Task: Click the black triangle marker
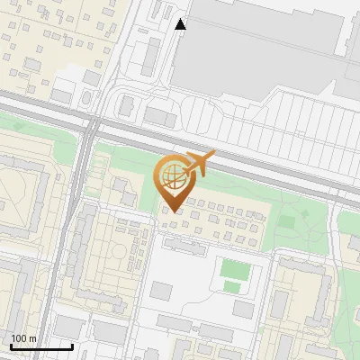click(x=181, y=24)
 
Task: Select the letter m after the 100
click(x=32, y=339)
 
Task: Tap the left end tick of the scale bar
click(x=11, y=346)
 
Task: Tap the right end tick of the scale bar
click(x=72, y=346)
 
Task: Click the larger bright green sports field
click(x=234, y=269)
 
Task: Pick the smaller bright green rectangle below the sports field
click(x=232, y=288)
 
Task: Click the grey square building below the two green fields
click(x=243, y=310)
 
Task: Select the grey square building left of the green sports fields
click(x=162, y=291)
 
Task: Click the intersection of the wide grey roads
click(x=91, y=125)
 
